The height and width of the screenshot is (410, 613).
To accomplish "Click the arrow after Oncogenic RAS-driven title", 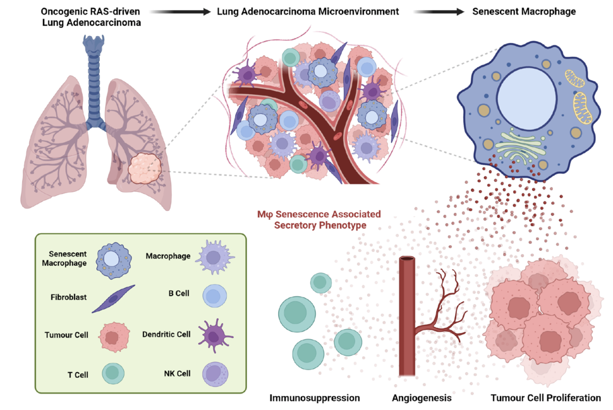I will click(179, 11).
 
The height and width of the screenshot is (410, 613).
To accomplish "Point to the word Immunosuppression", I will click(314, 398).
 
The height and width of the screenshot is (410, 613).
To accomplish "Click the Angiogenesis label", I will click(422, 398).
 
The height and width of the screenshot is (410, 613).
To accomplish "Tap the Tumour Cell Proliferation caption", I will click(545, 398).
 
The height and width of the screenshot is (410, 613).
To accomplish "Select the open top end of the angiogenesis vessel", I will click(406, 260).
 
